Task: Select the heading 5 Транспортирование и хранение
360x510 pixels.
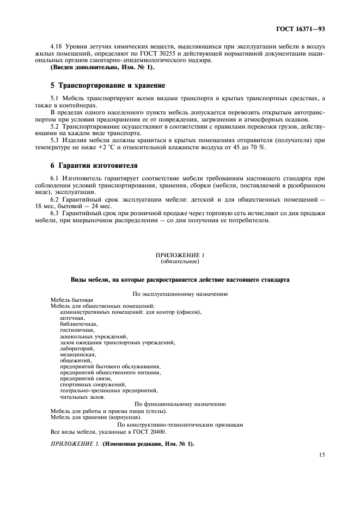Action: click(x=107, y=86)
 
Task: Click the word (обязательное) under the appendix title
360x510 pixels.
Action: click(x=180, y=262)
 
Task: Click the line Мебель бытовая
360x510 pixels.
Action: click(x=71, y=300)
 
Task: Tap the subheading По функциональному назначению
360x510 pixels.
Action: click(x=180, y=404)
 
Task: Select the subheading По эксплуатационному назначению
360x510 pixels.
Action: click(x=180, y=294)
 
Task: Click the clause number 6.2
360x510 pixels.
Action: click(x=55, y=199)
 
